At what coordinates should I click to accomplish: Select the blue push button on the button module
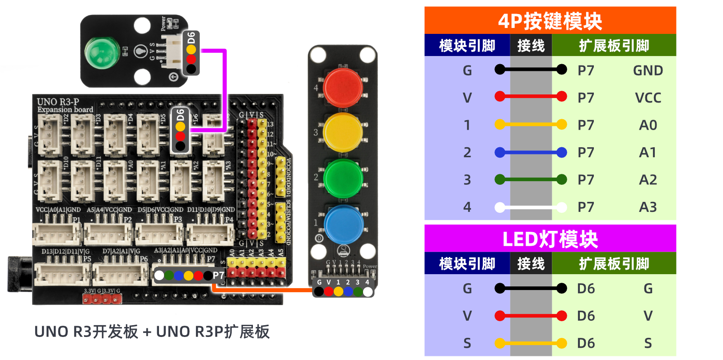click(x=343, y=224)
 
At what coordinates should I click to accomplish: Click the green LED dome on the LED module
click(x=102, y=52)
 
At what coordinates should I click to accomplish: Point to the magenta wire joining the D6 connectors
click(x=224, y=90)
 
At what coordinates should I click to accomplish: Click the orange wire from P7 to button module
click(x=262, y=290)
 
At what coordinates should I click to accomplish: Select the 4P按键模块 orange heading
click(x=550, y=21)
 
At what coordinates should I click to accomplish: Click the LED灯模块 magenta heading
click(x=550, y=239)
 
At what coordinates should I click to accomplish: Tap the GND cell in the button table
click(x=648, y=70)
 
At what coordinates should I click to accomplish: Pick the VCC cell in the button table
click(x=648, y=98)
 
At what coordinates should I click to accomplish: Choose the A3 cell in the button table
click(x=648, y=207)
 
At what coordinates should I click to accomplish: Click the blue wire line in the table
click(x=531, y=153)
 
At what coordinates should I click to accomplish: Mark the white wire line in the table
click(x=531, y=207)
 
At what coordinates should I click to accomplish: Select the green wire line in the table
click(x=531, y=180)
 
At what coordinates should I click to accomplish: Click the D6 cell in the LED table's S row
click(x=586, y=343)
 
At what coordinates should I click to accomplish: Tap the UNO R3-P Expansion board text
click(x=65, y=105)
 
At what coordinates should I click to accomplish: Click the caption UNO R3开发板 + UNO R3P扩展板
click(x=152, y=332)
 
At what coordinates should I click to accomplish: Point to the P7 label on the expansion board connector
click(x=219, y=276)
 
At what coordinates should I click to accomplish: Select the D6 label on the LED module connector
click(x=191, y=37)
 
